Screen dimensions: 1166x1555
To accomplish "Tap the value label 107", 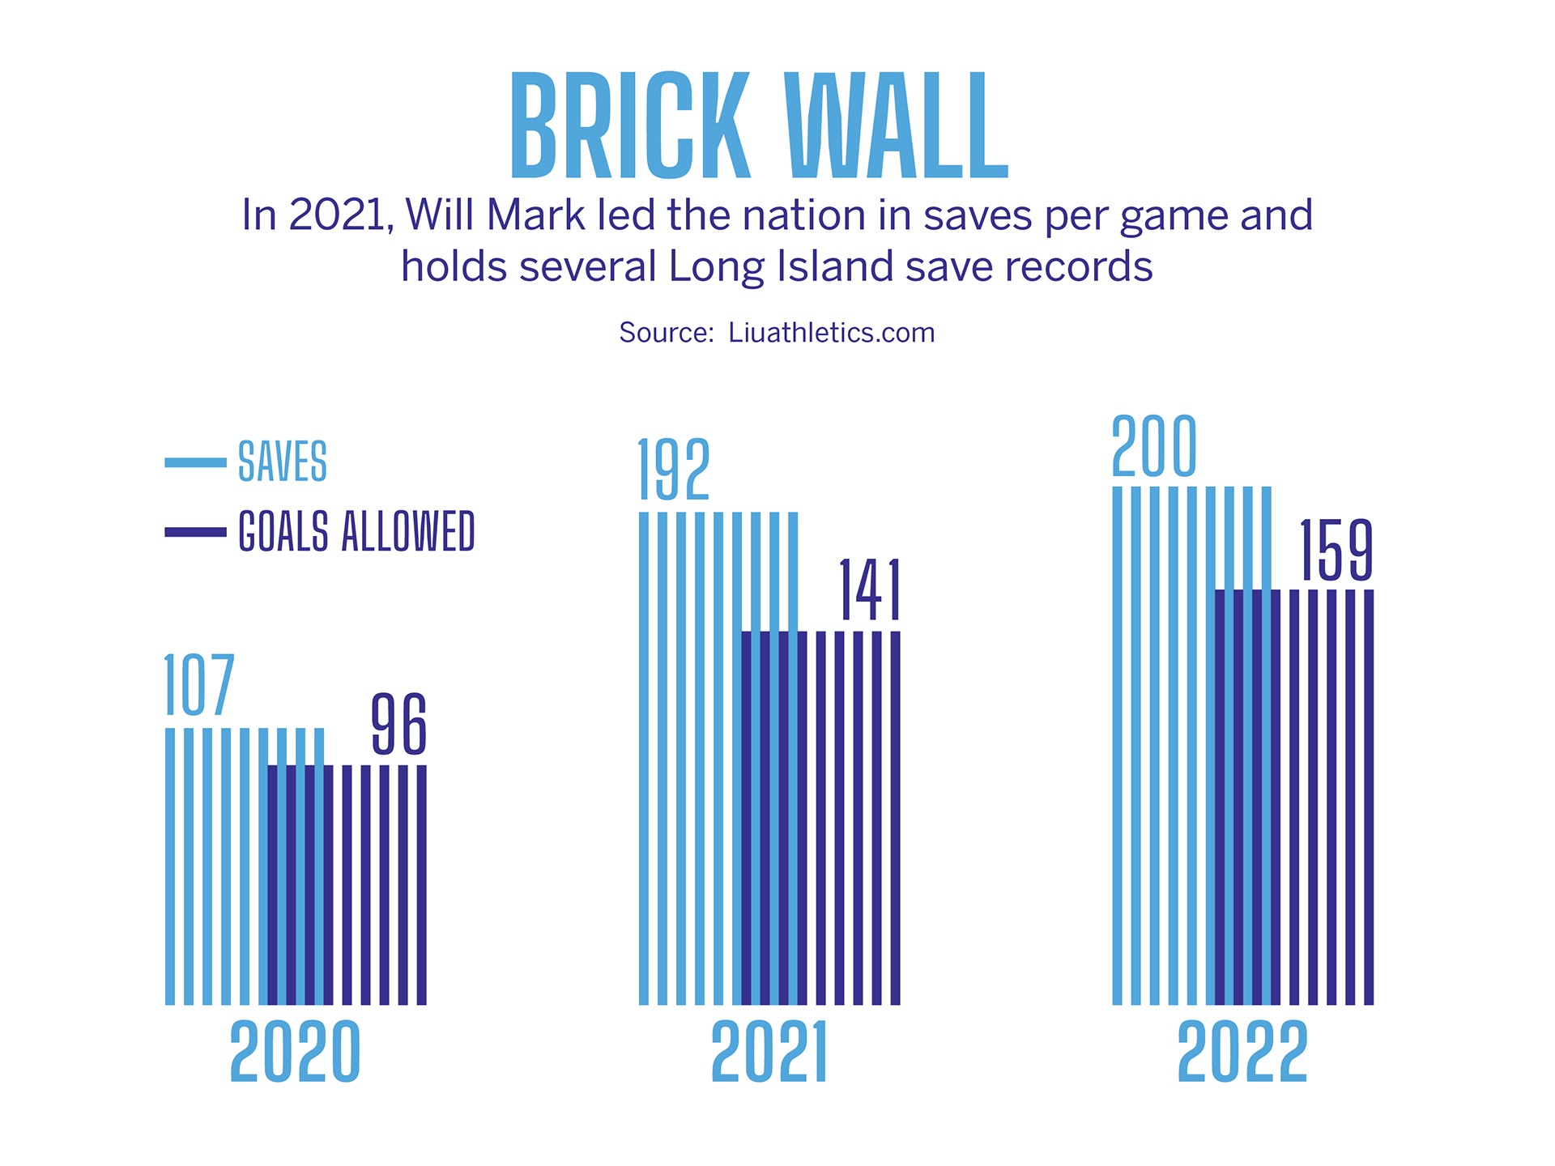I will tap(199, 686).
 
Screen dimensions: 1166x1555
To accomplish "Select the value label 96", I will tap(398, 725).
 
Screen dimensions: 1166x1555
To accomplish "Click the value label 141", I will tap(870, 590).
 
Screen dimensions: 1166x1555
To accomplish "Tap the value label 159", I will tap(1336, 551).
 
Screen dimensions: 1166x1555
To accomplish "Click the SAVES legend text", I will tap(283, 462).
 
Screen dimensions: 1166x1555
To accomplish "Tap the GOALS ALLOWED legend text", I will tap(356, 531).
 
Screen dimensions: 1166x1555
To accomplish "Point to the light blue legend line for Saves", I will tap(195, 462).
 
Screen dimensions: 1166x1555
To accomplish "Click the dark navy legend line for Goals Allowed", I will tap(195, 532).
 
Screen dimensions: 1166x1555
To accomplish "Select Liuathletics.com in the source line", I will tap(831, 333).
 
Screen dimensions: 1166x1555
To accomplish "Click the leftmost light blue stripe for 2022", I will tap(1118, 745).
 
